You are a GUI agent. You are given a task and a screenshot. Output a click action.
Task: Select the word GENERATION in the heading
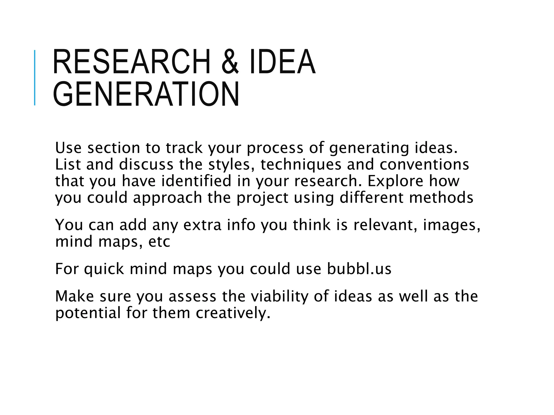(146, 94)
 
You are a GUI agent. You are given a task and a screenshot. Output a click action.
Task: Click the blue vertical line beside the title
(35, 78)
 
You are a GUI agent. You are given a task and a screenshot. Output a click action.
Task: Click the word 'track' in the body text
(184, 148)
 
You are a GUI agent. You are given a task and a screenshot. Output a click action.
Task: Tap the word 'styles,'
(231, 165)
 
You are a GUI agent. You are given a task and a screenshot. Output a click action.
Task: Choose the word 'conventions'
(424, 165)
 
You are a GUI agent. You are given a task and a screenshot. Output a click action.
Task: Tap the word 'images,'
(451, 225)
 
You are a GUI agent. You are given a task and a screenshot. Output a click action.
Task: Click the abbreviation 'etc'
(159, 241)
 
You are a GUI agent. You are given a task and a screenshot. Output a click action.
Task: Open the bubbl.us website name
(359, 269)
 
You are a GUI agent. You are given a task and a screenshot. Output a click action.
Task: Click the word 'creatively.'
(233, 313)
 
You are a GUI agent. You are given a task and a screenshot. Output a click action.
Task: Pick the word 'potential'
(88, 313)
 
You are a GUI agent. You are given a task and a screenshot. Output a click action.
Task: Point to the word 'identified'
(196, 181)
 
